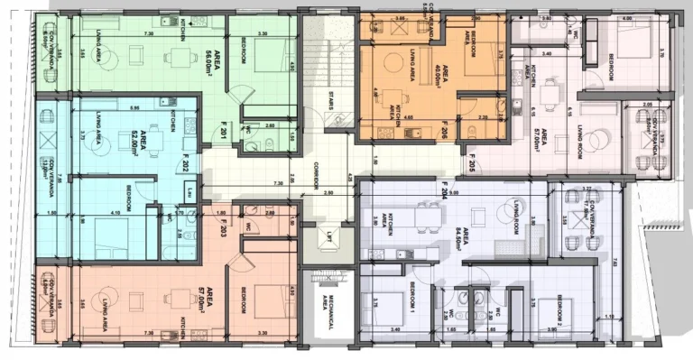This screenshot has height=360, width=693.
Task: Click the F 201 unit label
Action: (x=199, y=134)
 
